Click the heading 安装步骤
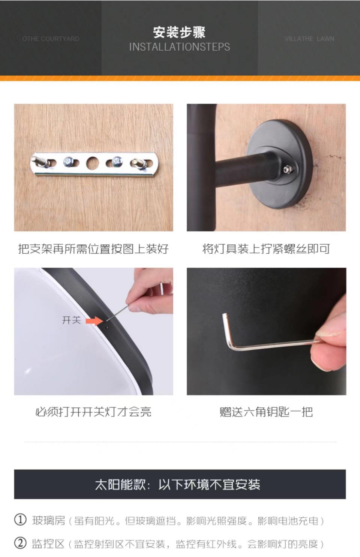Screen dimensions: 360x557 [x=179, y=33]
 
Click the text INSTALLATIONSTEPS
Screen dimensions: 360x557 [x=179, y=47]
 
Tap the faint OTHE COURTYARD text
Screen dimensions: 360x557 [x=51, y=39]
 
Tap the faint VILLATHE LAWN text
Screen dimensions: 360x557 [x=309, y=39]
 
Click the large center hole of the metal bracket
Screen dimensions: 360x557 [x=93, y=163]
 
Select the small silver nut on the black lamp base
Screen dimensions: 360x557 [x=288, y=169]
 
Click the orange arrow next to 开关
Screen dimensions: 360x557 [x=94, y=321]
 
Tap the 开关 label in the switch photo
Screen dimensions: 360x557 [x=71, y=320]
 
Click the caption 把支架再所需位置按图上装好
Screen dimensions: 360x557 [x=93, y=249]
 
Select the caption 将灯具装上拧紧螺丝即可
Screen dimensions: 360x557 [x=266, y=249]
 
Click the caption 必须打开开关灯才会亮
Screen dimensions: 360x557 [x=93, y=412]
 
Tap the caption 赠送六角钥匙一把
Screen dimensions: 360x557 [x=266, y=412]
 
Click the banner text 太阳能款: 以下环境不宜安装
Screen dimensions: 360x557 [x=177, y=484]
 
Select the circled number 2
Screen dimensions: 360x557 [x=20, y=544]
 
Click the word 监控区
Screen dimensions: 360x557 [x=48, y=544]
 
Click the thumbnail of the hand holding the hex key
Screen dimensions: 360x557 [x=267, y=331]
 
